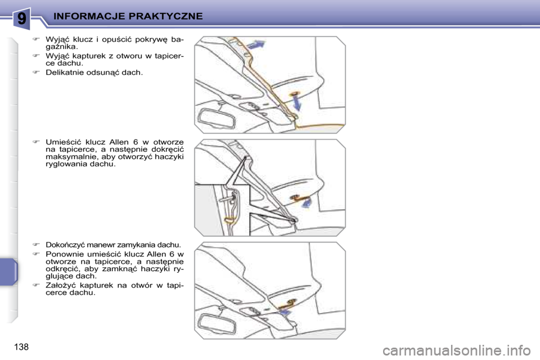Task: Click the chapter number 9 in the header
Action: point(21,18)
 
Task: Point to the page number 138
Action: point(21,346)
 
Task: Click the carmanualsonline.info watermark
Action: point(457,350)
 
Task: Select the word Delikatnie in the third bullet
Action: point(64,73)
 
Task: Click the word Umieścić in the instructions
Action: point(63,142)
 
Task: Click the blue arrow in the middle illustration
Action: point(306,203)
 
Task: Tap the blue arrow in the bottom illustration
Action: point(285,312)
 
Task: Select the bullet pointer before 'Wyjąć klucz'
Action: point(36,39)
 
